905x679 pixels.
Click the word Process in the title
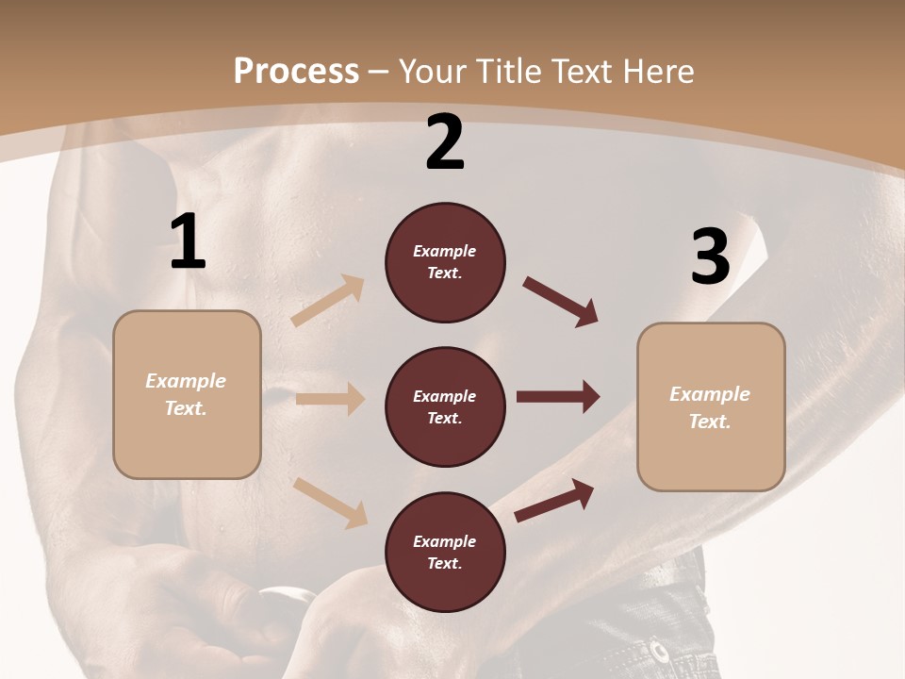tap(296, 71)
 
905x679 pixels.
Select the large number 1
tap(188, 242)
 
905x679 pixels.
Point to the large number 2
tap(445, 142)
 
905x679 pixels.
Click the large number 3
tap(710, 257)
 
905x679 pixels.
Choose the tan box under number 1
tap(187, 394)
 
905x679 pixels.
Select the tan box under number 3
tap(711, 406)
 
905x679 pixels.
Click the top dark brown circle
tap(445, 262)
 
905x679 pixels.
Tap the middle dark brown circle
tap(445, 406)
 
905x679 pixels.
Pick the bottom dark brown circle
tap(445, 552)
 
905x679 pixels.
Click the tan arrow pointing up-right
tap(327, 301)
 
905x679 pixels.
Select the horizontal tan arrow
tap(330, 399)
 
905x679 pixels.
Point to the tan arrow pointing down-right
tap(330, 502)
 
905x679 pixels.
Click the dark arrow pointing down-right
tap(560, 301)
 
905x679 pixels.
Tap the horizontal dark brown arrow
tap(558, 397)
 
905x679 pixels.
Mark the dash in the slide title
tap(379, 72)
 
